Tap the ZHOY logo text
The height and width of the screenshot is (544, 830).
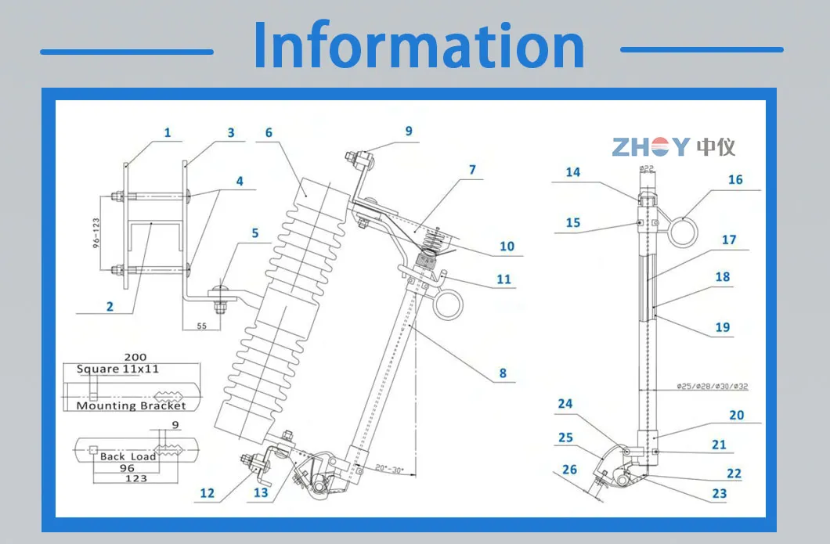[x=650, y=146]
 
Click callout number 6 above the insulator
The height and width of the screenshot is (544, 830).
[x=269, y=133]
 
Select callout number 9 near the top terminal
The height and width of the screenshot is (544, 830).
[x=408, y=131]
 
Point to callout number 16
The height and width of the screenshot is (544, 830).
[x=734, y=180]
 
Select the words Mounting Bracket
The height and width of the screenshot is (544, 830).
[x=132, y=405]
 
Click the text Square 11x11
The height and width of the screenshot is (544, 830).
[x=120, y=369]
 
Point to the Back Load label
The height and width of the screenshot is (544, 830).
[x=128, y=456]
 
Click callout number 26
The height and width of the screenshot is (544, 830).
[x=569, y=470]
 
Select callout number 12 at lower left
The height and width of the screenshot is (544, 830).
[x=207, y=493]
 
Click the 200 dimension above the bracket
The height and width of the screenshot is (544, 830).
[x=135, y=357]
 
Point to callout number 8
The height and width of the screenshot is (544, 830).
[x=503, y=374]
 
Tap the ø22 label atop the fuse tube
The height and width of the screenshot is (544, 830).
[x=646, y=168]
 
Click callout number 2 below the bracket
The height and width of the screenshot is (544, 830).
[x=110, y=306]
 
